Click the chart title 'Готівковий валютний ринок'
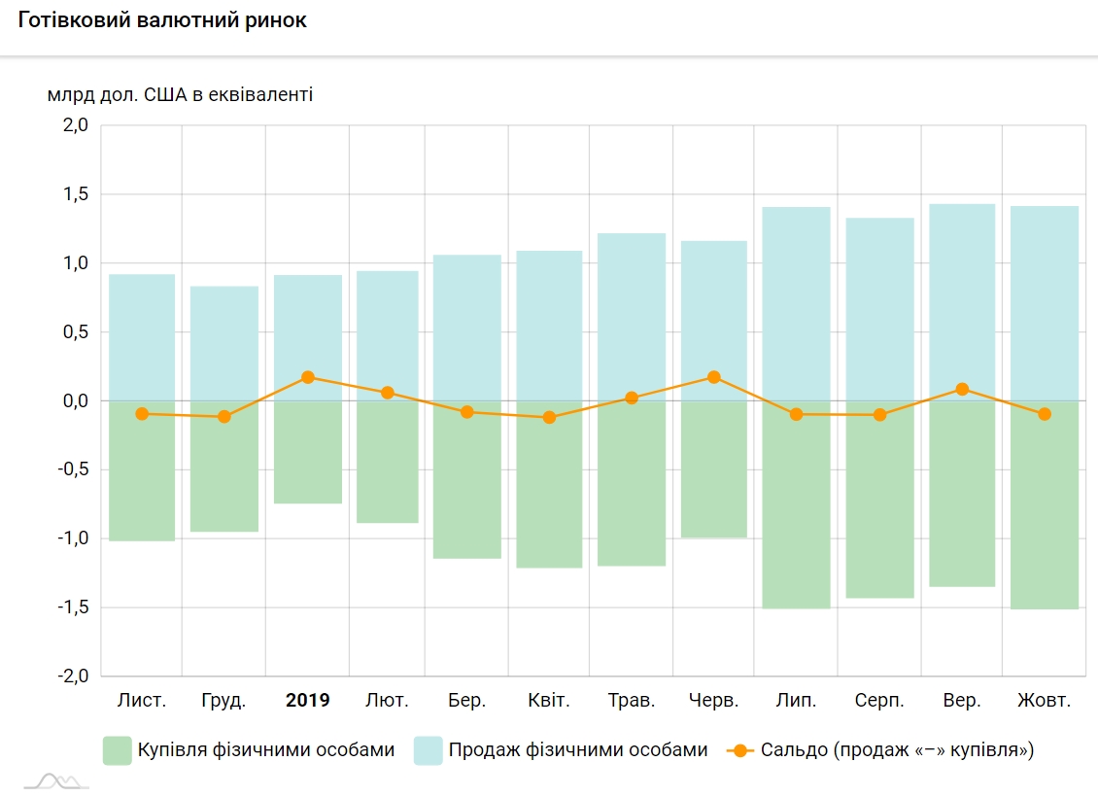[x=162, y=20]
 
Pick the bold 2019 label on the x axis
[x=307, y=700]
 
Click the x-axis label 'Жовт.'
[x=1044, y=700]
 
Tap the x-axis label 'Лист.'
[x=142, y=700]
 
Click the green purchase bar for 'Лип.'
[x=797, y=505]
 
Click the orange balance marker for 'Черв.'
[x=714, y=377]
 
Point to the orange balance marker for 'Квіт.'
[x=549, y=417]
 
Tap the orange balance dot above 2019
[x=307, y=377]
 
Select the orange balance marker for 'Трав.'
[x=632, y=398]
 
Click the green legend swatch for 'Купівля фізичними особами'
[x=117, y=750]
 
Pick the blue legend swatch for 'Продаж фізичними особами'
[x=428, y=750]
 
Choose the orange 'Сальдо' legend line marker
[x=740, y=750]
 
